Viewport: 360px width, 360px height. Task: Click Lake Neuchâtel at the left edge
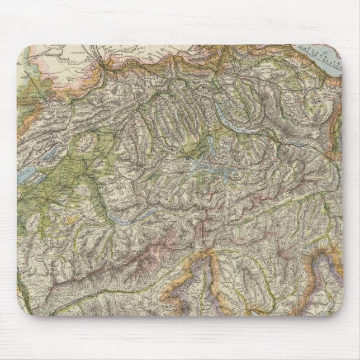(x=26, y=177)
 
